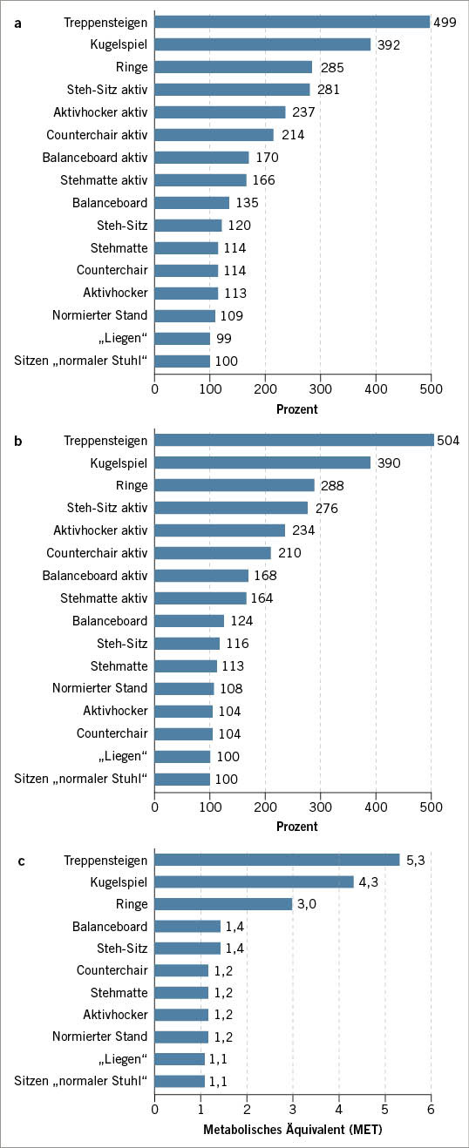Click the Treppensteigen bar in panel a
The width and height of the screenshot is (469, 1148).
(x=292, y=22)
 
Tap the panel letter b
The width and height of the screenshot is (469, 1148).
(x=19, y=442)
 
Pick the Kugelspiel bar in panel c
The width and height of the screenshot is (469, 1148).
(x=255, y=882)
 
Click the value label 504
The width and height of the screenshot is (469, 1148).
(x=448, y=440)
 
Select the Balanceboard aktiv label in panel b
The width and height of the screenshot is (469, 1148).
(x=95, y=576)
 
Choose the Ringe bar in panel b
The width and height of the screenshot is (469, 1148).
(x=234, y=485)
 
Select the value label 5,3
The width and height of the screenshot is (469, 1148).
(x=414, y=860)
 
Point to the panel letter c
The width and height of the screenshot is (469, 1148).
(x=19, y=861)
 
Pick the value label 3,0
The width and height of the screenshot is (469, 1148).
(x=307, y=905)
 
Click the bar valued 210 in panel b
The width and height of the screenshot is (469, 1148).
(x=213, y=553)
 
